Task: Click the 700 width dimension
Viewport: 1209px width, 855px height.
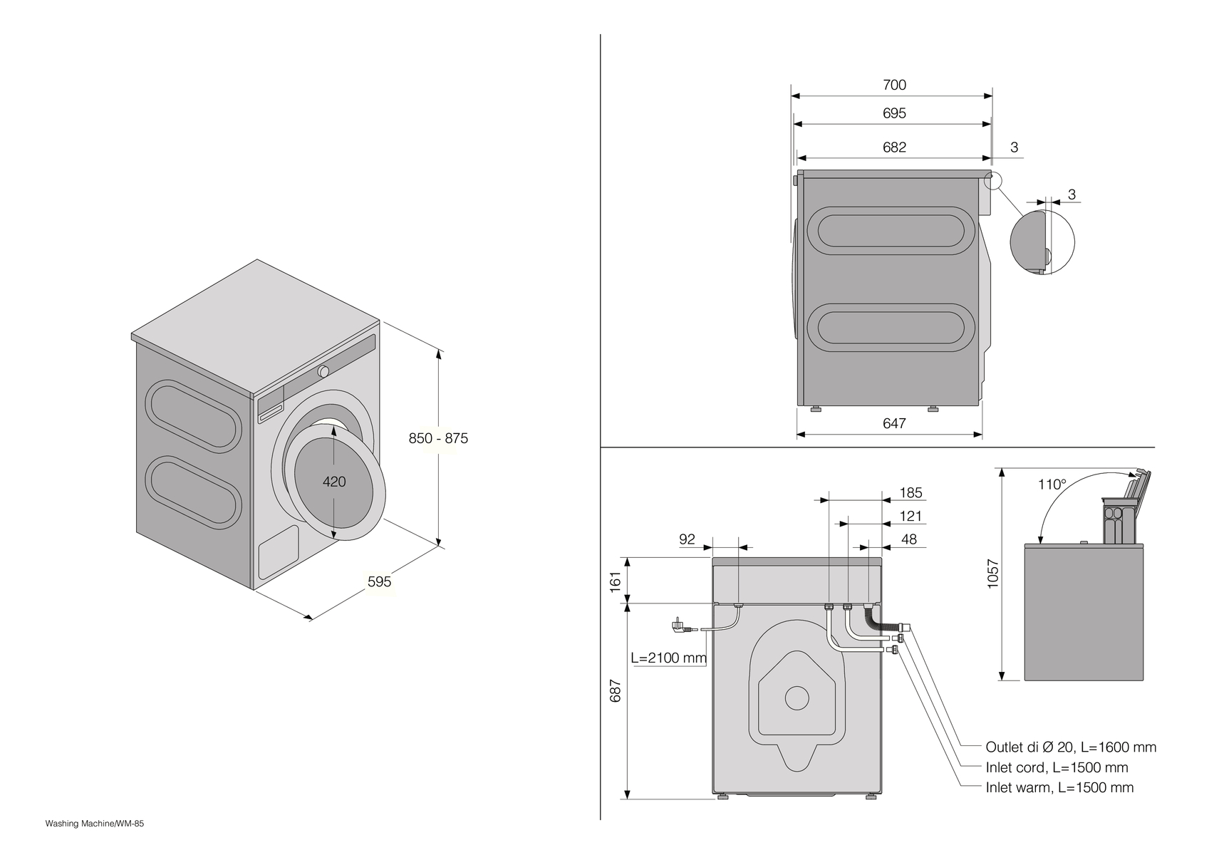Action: pyautogui.click(x=894, y=85)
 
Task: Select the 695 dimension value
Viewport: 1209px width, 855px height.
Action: pyautogui.click(x=894, y=113)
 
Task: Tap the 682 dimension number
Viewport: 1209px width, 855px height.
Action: pyautogui.click(x=894, y=147)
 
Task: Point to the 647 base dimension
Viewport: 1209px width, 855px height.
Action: pyautogui.click(x=894, y=423)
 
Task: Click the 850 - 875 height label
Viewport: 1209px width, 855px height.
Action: pyautogui.click(x=438, y=438)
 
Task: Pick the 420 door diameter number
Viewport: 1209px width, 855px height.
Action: pyautogui.click(x=334, y=482)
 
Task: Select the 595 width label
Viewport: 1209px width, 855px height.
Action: pyautogui.click(x=379, y=581)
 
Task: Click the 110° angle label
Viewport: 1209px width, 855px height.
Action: pyautogui.click(x=1052, y=484)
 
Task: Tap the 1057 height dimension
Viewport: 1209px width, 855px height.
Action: pyautogui.click(x=993, y=574)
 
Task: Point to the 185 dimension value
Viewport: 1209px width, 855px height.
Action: pyautogui.click(x=910, y=492)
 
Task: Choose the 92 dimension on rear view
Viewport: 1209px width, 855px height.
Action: pyautogui.click(x=687, y=539)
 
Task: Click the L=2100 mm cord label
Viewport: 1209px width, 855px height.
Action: pyautogui.click(x=668, y=658)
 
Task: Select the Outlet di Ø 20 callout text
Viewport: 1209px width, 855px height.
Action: pyautogui.click(x=1070, y=747)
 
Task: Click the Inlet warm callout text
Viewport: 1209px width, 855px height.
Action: pyautogui.click(x=1059, y=787)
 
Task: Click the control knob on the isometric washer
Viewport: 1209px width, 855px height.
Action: pyautogui.click(x=323, y=371)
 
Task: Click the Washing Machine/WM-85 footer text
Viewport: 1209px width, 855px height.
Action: pyautogui.click(x=95, y=824)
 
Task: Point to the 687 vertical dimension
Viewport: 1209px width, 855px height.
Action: pyautogui.click(x=616, y=690)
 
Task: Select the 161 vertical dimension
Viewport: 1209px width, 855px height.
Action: pyautogui.click(x=616, y=579)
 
